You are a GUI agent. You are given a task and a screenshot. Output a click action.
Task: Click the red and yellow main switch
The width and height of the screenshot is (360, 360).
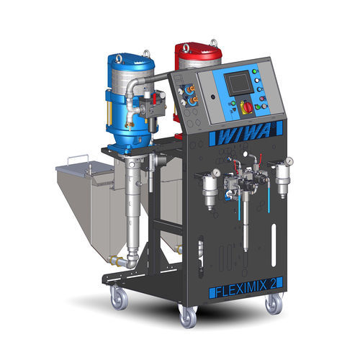coord(247,107)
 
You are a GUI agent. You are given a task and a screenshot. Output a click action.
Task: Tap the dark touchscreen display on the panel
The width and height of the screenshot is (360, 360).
coord(236,84)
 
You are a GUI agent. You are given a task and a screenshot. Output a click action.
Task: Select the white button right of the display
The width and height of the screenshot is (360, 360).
coord(257,80)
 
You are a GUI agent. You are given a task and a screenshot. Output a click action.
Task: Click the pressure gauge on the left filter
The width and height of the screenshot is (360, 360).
coord(216,172)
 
